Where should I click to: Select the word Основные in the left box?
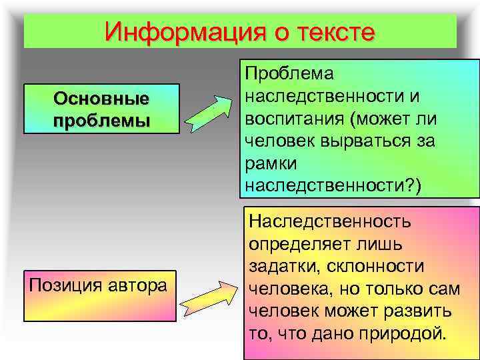coord(101,99)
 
